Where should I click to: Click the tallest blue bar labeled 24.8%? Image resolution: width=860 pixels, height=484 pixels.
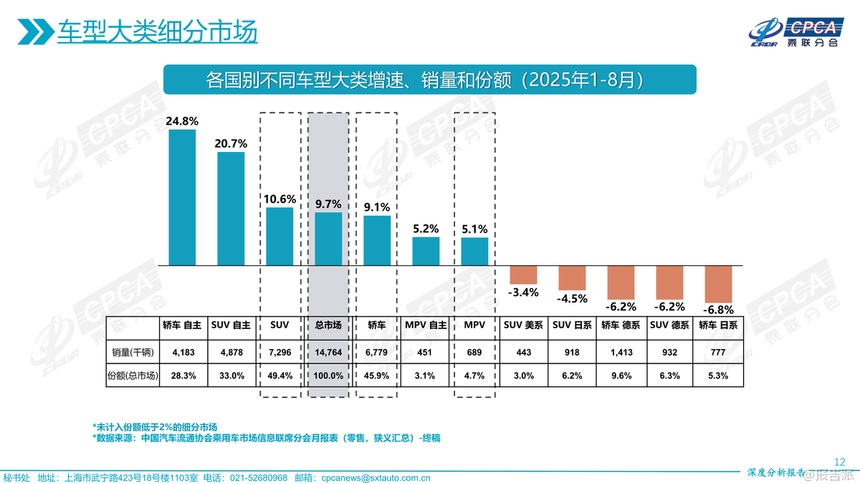pos(182,197)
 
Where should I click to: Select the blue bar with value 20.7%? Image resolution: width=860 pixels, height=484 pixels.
pos(231,209)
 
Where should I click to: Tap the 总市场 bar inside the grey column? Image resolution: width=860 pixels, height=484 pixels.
pos(328,239)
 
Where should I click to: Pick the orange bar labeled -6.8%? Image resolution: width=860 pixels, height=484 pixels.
pos(718,284)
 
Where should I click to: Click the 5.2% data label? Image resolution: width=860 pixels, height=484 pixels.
pos(426,229)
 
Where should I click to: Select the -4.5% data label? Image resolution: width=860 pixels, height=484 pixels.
pos(572,298)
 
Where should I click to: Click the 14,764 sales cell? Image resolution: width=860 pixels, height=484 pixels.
pos(328,353)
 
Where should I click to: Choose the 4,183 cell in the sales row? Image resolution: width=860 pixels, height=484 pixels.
pos(182,353)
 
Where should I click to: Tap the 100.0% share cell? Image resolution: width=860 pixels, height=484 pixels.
pos(328,375)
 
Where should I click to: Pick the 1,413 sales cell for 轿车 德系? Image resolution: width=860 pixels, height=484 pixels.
pos(621,353)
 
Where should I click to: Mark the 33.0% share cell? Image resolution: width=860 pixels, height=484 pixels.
pos(231,375)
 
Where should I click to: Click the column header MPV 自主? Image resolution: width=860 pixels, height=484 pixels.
pos(426,325)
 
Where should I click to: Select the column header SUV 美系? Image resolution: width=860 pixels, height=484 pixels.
pos(523,325)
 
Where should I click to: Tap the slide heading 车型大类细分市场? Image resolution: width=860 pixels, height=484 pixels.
pos(157,32)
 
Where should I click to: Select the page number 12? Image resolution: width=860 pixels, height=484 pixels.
pos(841,461)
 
